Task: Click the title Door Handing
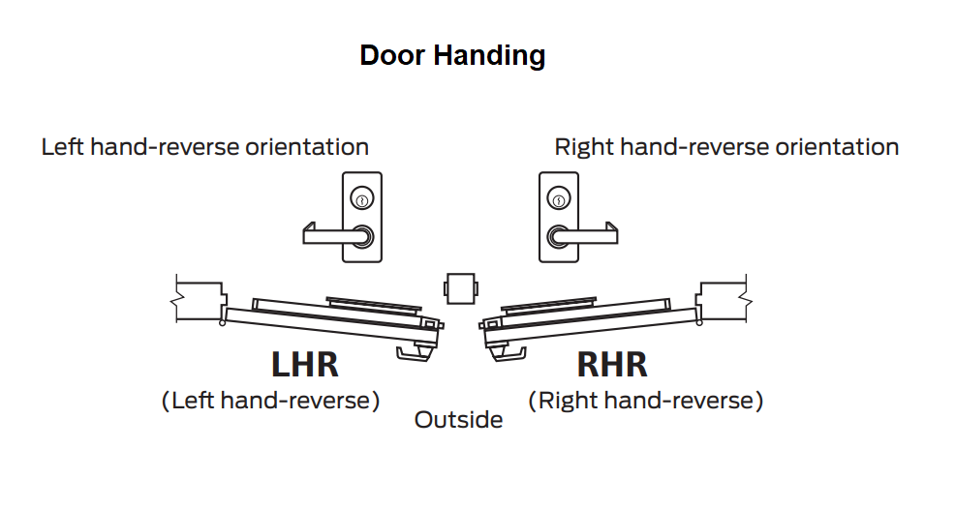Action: (x=452, y=55)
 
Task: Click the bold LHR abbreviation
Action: (x=304, y=365)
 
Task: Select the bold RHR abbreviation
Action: (x=611, y=365)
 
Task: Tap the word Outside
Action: (x=458, y=420)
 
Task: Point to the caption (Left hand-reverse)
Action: (x=270, y=400)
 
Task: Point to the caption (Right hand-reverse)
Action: (x=645, y=400)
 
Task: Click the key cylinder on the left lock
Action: (x=362, y=200)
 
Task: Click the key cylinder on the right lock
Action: (x=558, y=200)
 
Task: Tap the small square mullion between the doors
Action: (x=459, y=288)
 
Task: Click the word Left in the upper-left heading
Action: (x=62, y=147)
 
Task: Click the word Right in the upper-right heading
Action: (x=583, y=147)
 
